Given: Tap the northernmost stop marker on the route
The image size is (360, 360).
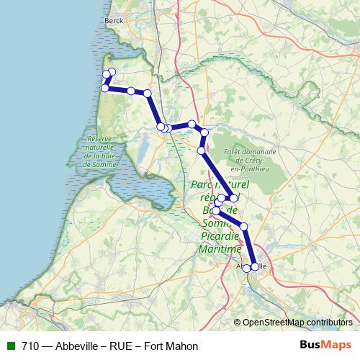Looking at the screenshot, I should point(112,72).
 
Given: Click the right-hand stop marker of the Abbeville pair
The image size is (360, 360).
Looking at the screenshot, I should point(254,267).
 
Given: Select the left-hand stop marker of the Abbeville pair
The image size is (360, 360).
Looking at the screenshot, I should point(246,268).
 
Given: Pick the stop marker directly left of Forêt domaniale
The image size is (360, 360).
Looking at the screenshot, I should point(202,150).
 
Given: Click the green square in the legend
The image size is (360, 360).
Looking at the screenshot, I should point(10,346).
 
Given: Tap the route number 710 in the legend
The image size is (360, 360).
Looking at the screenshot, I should point(30,346).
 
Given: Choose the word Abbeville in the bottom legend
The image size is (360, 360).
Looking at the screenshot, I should point(77,346).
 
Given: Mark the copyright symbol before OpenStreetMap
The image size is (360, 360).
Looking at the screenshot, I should point(238,322).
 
